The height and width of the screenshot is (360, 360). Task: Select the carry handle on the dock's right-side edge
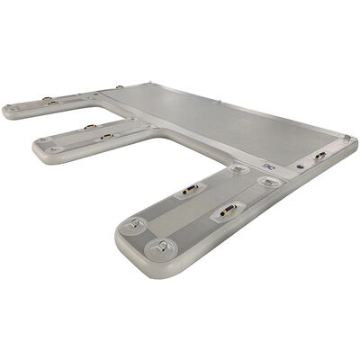(x=319, y=155)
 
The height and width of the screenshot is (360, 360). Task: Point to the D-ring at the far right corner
(x=346, y=138)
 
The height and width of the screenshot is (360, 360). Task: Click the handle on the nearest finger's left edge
(x=190, y=189)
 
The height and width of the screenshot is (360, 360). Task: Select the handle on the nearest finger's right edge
(x=225, y=214)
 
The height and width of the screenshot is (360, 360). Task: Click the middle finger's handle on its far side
(x=90, y=127)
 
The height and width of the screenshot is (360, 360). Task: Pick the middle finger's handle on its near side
(x=107, y=137)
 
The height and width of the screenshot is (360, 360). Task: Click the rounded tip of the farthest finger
(x=9, y=110)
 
